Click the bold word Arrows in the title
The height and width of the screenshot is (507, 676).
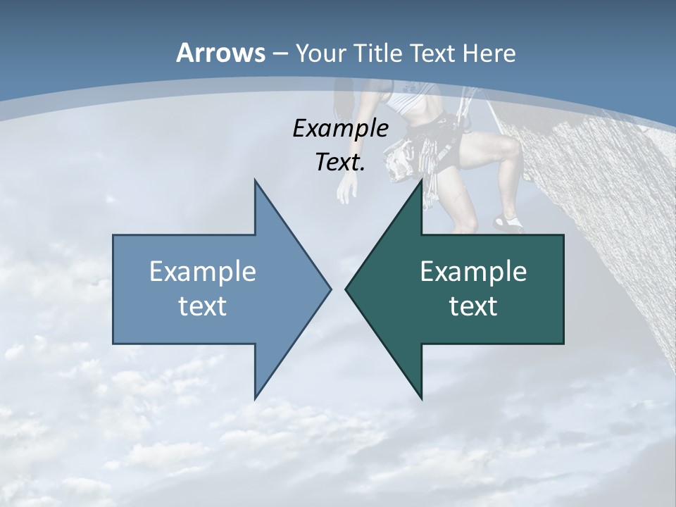click(x=220, y=53)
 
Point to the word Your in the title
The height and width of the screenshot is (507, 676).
click(x=321, y=53)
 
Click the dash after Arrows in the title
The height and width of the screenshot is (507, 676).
click(x=280, y=54)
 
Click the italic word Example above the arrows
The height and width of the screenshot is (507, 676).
click(x=340, y=128)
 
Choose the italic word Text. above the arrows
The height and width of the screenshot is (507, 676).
click(x=340, y=162)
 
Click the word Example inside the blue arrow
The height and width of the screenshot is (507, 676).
click(x=203, y=272)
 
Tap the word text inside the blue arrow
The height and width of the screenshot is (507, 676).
click(x=203, y=306)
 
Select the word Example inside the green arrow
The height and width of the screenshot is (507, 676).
click(x=473, y=272)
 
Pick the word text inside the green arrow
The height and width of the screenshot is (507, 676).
click(x=473, y=306)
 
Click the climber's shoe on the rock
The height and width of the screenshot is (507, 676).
click(x=508, y=224)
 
